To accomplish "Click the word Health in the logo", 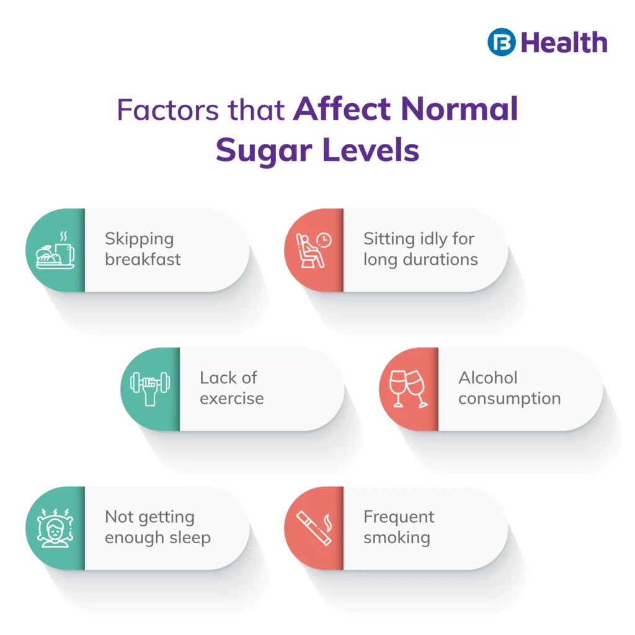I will [564, 43].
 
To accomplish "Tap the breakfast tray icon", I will [56, 250].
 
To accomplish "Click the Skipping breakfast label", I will [143, 249].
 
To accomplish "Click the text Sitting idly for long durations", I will [420, 249].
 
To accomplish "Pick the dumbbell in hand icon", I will [149, 388].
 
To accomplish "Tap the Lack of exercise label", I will [231, 388].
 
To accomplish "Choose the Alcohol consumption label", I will [509, 388].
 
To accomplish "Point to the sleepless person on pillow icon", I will [56, 528].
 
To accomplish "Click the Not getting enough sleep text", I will [158, 527].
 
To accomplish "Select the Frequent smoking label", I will [399, 527].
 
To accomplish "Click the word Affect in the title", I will [342, 110].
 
